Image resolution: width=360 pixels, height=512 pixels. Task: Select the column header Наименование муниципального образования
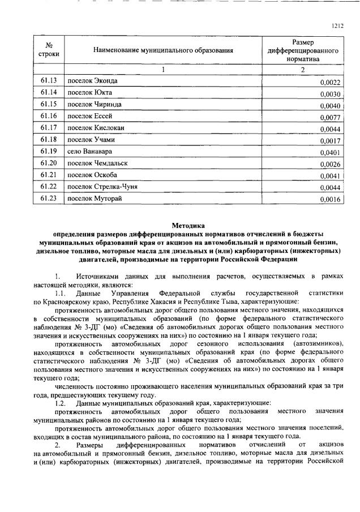coord(163,50)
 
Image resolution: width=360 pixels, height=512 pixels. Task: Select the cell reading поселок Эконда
coord(92,81)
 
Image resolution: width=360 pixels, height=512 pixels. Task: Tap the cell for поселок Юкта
coord(89,93)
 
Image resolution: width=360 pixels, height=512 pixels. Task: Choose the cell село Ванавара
coord(89,152)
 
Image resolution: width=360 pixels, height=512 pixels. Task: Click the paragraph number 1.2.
coord(61,402)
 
